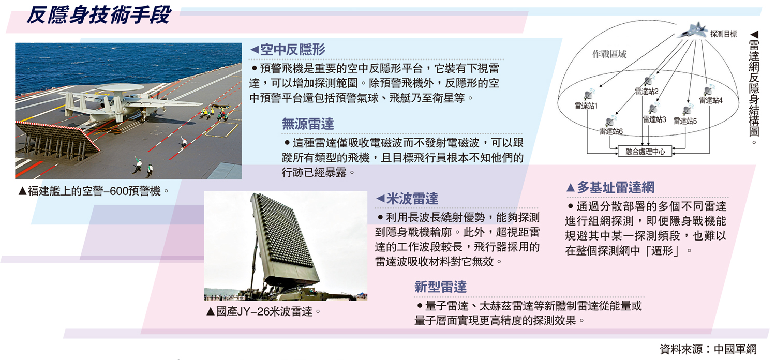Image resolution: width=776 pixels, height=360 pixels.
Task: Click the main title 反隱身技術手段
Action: click(x=98, y=16)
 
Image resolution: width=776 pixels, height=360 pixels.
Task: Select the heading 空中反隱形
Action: click(x=292, y=50)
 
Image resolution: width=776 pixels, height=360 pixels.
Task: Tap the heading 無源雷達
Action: click(x=308, y=124)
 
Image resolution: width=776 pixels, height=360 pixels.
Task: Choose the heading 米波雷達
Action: click(x=412, y=199)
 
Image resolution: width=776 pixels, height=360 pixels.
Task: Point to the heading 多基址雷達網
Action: click(x=616, y=187)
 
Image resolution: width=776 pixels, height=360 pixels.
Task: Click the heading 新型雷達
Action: click(x=440, y=287)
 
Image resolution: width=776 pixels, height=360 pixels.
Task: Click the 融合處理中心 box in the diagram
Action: click(x=645, y=152)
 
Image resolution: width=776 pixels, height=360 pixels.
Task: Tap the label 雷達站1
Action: click(x=586, y=106)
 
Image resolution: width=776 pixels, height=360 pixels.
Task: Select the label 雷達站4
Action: click(x=711, y=100)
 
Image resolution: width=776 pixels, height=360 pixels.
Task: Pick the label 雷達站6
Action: click(x=611, y=131)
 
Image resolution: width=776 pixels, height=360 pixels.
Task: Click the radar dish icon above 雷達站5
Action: click(x=687, y=110)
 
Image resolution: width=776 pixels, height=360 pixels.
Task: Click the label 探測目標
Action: click(x=723, y=34)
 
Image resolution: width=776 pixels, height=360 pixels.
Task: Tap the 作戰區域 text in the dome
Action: click(x=609, y=54)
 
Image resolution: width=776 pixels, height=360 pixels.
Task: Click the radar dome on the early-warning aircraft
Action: click(x=120, y=87)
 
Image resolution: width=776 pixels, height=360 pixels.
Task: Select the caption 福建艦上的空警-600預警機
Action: click(x=94, y=191)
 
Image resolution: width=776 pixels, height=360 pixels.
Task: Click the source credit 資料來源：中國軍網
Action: click(x=708, y=349)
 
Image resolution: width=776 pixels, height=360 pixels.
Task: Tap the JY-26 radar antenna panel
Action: click(x=284, y=239)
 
